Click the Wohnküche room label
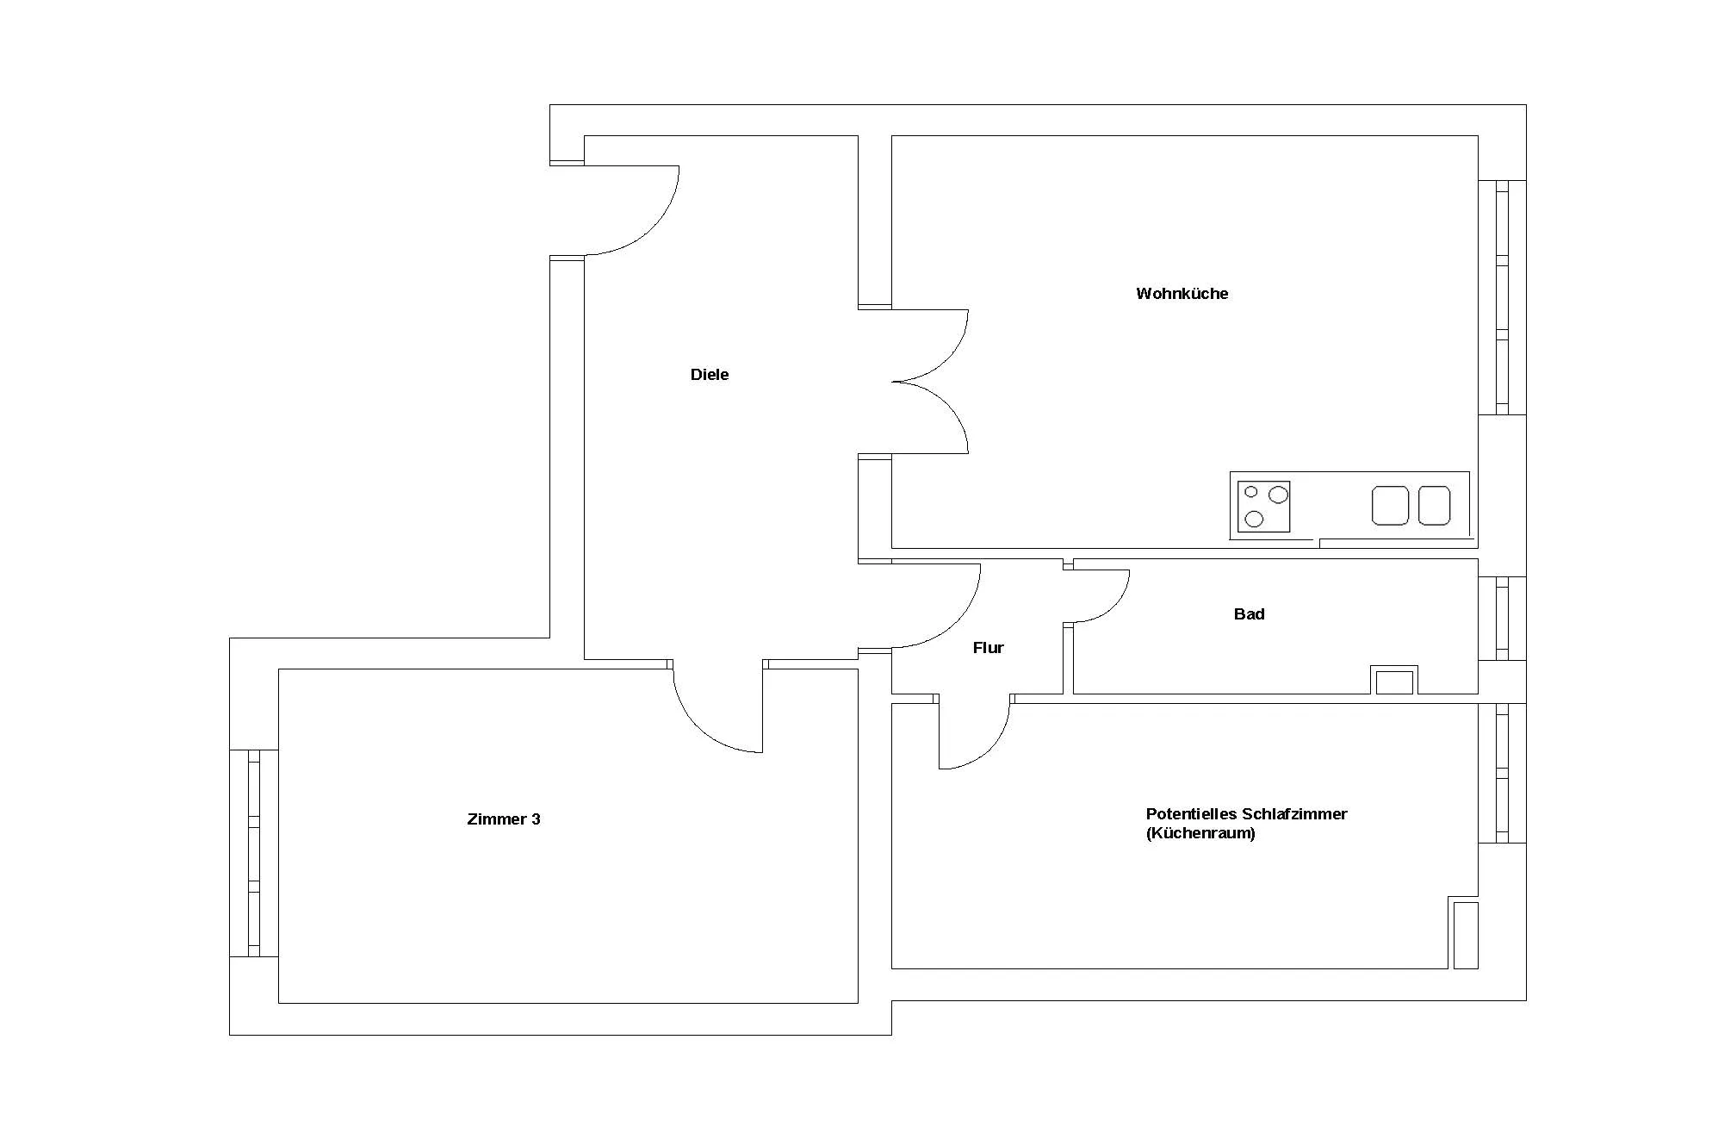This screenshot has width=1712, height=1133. click(1182, 294)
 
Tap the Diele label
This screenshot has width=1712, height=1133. click(710, 375)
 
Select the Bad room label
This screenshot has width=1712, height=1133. click(1249, 614)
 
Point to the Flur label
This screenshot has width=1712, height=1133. click(988, 648)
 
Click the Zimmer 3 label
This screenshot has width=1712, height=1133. click(504, 819)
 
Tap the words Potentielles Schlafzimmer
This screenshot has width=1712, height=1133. click(1246, 814)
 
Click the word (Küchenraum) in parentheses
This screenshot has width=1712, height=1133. click(1200, 834)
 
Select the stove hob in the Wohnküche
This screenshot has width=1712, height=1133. click(1263, 507)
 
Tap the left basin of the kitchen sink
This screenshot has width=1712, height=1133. click(1390, 506)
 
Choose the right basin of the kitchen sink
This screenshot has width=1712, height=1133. click(1434, 506)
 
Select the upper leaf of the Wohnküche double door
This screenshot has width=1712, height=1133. click(948, 358)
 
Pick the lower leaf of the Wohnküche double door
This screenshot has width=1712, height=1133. click(948, 405)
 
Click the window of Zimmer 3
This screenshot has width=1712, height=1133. click(254, 853)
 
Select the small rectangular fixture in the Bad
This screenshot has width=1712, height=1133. click(1394, 681)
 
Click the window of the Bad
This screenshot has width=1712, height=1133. click(1503, 619)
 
